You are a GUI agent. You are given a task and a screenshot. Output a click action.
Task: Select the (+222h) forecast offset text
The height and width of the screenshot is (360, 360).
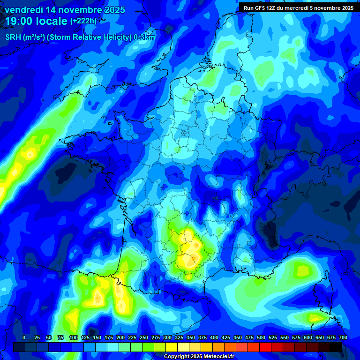coord(83,21)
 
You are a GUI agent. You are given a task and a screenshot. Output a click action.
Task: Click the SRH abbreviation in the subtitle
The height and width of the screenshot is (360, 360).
coord(13,38)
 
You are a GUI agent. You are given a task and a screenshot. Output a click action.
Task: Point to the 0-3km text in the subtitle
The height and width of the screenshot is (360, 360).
coord(144,38)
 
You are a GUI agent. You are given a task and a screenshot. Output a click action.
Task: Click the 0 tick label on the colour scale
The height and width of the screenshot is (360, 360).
coord(24,337)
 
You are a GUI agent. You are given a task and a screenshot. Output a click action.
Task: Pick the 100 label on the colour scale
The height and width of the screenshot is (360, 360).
coord(74,337)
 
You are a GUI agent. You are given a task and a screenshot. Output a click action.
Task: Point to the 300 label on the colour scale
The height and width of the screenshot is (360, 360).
coord(167,337)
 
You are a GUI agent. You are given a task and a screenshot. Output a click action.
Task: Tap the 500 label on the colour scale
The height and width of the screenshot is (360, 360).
coord(261,337)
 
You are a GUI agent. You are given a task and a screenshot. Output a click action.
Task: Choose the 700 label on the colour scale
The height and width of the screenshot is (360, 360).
coord(343,337)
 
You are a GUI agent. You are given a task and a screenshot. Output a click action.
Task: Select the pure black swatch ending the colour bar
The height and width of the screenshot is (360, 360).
coord(336,347)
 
